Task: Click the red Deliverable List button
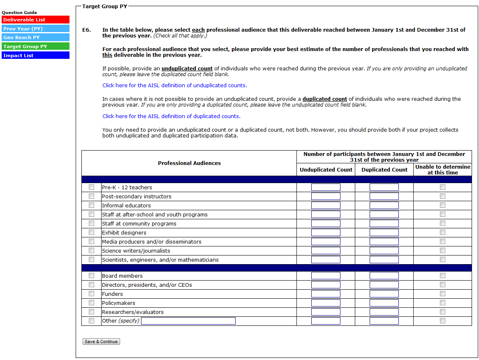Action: [x=35, y=20]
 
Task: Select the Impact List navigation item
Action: [x=35, y=56]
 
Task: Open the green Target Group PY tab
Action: [x=35, y=46]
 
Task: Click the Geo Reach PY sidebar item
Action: [x=35, y=37]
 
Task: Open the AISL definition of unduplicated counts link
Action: [x=174, y=86]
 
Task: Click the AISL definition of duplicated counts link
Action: [x=171, y=116]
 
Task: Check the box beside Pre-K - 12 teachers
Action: [x=91, y=187]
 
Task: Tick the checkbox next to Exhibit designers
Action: [x=91, y=232]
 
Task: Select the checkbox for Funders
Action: [x=91, y=294]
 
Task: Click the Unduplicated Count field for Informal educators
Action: [x=326, y=205]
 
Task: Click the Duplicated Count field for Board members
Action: [x=384, y=276]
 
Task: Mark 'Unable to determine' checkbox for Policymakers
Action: [x=442, y=303]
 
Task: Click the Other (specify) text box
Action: [x=188, y=321]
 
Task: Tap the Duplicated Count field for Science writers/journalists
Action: [x=384, y=251]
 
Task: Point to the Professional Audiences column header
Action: [x=189, y=163]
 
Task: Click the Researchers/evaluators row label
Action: [x=132, y=312]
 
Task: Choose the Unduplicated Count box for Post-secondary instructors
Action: [x=326, y=196]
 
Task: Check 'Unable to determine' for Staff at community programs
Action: [x=442, y=223]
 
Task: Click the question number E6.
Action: [x=86, y=30]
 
